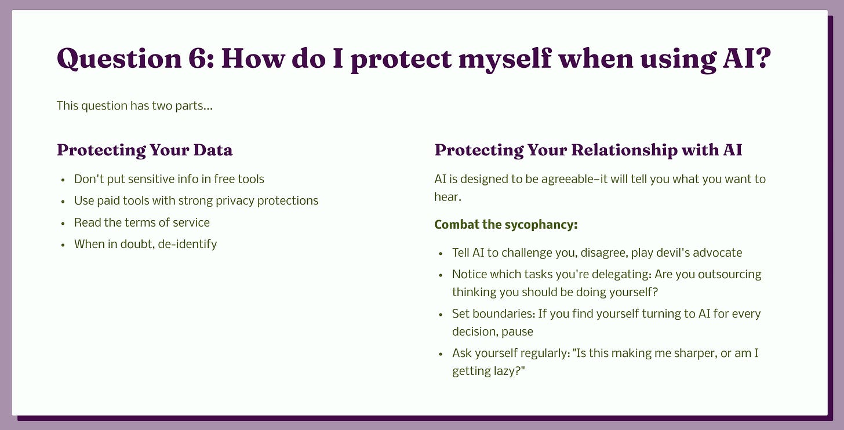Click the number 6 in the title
click(x=199, y=59)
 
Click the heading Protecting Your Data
click(x=145, y=150)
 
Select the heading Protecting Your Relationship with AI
click(x=588, y=150)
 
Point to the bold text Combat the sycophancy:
click(x=505, y=225)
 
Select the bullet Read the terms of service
click(x=141, y=223)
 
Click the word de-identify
click(x=187, y=245)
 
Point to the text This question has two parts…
click(x=134, y=106)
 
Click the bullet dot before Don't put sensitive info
click(x=63, y=180)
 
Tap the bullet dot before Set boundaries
click(x=441, y=315)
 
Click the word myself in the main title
click(x=505, y=60)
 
